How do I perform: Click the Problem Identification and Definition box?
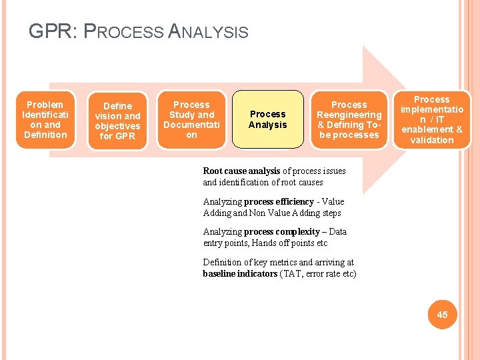45,120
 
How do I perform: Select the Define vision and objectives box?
117,121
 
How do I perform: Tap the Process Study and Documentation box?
191,120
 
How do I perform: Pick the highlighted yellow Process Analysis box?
267,119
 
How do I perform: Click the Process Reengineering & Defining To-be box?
349,120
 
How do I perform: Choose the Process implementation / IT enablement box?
431,120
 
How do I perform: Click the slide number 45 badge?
442,314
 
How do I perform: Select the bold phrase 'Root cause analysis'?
241,171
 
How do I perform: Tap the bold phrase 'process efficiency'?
279,202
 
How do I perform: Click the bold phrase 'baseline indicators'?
240,274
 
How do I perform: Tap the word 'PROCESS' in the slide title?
127,31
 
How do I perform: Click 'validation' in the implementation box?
431,140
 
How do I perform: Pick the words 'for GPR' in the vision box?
117,136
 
